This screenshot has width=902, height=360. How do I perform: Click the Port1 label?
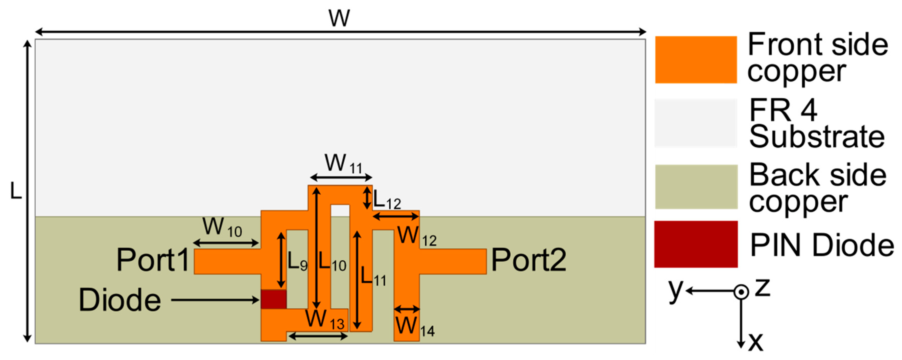click(153, 260)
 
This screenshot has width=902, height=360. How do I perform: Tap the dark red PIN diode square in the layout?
click(273, 299)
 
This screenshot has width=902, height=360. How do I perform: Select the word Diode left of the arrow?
click(120, 300)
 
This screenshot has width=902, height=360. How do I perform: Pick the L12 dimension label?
click(387, 200)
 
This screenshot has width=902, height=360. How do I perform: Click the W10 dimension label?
click(222, 228)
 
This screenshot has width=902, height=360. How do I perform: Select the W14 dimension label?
click(415, 327)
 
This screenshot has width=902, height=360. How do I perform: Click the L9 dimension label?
click(297, 262)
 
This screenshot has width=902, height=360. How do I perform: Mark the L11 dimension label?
click(373, 277)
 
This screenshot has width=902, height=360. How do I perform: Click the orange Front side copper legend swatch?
click(696, 59)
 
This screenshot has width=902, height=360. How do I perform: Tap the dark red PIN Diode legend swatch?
click(696, 244)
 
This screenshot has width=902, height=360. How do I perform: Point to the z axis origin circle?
click(741, 291)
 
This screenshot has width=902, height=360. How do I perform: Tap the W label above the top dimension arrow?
click(339, 18)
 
